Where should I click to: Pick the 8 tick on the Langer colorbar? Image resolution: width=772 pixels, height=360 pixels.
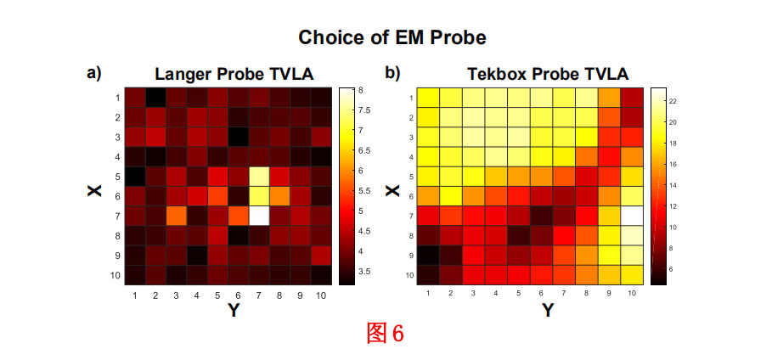coord(361,90)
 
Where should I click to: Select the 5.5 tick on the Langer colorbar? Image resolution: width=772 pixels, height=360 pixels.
coord(363,191)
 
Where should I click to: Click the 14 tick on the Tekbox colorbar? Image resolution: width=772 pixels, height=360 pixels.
coord(671,185)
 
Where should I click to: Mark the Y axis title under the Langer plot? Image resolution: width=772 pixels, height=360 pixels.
coord(232,312)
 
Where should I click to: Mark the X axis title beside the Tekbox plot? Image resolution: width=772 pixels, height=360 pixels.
coord(392,189)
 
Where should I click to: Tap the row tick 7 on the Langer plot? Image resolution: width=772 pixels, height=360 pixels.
coord(117,215)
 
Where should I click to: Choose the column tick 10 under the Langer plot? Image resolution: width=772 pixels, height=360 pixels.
coord(321,295)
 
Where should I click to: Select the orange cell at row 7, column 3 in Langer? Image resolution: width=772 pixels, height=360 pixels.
coord(176,214)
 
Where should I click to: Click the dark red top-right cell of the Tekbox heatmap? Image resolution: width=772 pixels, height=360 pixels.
coord(630,97)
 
